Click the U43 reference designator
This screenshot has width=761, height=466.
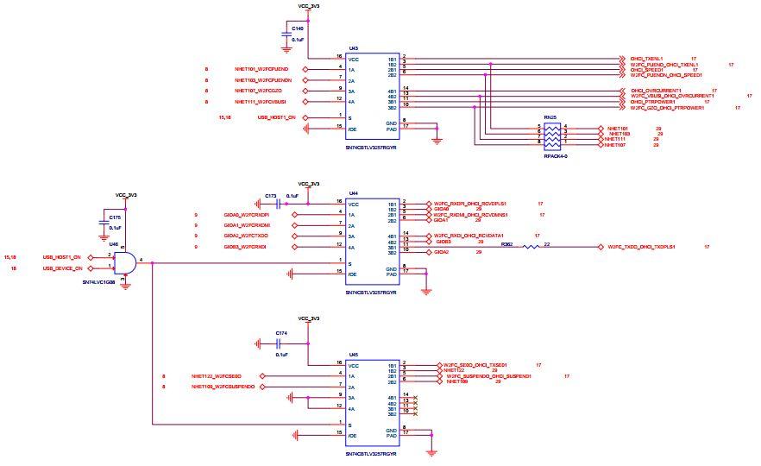pyautogui.click(x=353, y=48)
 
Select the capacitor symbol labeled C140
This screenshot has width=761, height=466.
pyautogui.click(x=286, y=35)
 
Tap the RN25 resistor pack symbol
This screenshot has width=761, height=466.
pyautogui.click(x=552, y=136)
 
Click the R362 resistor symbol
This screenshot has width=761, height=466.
pyautogui.click(x=531, y=247)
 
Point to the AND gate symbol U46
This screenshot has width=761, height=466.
pyautogui.click(x=126, y=261)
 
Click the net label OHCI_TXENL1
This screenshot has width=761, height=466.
pyautogui.click(x=651, y=59)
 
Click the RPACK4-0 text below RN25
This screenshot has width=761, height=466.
pyautogui.click(x=556, y=156)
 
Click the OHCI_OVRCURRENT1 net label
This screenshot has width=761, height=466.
pyautogui.click(x=656, y=90)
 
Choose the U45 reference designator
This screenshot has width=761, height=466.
pyautogui.click(x=353, y=354)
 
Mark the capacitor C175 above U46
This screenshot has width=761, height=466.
pyautogui.click(x=105, y=224)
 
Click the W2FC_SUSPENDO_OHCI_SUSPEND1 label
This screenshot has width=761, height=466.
pyautogui.click(x=488, y=376)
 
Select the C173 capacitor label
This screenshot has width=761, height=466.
pyautogui.click(x=270, y=196)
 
